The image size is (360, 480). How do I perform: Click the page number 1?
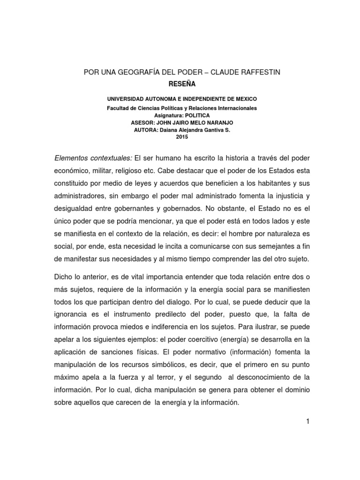pyautogui.click(x=308, y=421)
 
